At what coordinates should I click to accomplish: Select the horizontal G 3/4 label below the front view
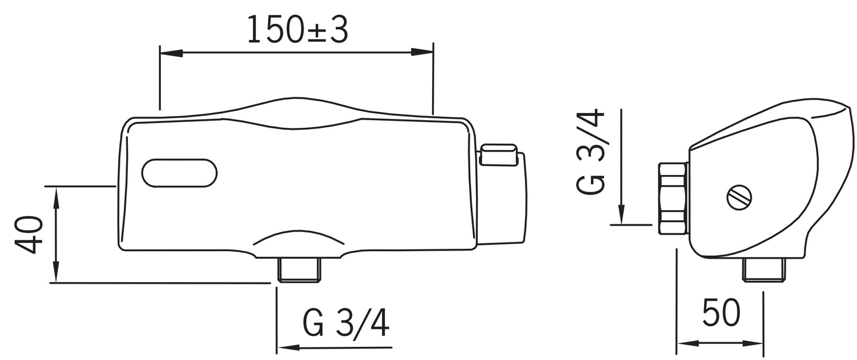point(346,324)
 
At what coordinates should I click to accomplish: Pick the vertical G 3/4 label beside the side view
point(591,152)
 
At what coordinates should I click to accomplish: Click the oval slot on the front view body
point(179,173)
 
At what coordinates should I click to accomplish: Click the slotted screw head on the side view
point(739,197)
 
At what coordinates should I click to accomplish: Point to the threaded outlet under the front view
point(301,270)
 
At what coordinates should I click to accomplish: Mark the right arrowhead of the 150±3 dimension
point(424,52)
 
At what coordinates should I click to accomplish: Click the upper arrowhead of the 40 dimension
point(56,195)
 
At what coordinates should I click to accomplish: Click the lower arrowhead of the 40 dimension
point(56,274)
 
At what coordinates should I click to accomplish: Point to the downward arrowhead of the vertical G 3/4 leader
point(621,215)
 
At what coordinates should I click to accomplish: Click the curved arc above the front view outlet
point(299,234)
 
